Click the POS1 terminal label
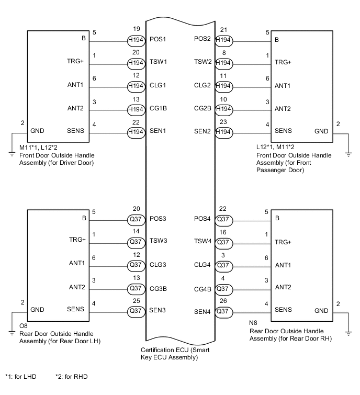pyautogui.click(x=157, y=39)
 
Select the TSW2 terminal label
pyautogui.click(x=203, y=62)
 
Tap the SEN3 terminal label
pyautogui.click(x=157, y=310)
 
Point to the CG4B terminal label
pyautogui.click(x=203, y=288)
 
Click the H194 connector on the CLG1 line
pyautogui.click(x=137, y=86)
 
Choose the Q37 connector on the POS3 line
pyautogui.click(x=137, y=219)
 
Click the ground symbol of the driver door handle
pyautogui.click(x=12, y=153)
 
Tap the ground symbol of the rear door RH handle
pyautogui.click(x=348, y=332)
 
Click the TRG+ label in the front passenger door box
pyautogui.click(x=283, y=62)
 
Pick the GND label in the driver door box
pyautogui.click(x=37, y=131)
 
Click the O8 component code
pyautogui.click(x=23, y=326)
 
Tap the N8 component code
pyautogui.click(x=253, y=323)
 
